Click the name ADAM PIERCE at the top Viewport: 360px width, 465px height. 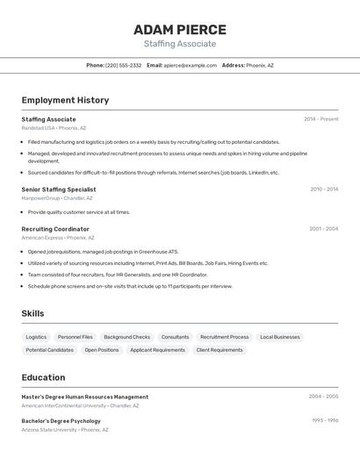(x=179, y=29)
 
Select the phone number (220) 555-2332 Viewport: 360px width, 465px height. (x=123, y=66)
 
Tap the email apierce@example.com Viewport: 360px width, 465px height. (x=190, y=66)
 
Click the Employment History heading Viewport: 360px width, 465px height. (x=65, y=100)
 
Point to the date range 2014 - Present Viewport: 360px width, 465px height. (x=320, y=119)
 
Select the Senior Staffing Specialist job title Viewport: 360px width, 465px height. (x=59, y=190)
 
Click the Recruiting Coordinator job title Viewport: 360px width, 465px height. (x=55, y=229)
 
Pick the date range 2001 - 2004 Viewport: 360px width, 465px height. (x=323, y=229)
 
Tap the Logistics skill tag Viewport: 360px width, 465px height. (x=36, y=337)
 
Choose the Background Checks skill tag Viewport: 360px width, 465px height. (x=126, y=337)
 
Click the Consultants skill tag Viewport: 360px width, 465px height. (x=175, y=337)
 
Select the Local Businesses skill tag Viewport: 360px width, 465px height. (x=280, y=337)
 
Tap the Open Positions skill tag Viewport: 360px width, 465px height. (x=102, y=350)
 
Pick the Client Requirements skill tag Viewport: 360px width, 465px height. (x=220, y=350)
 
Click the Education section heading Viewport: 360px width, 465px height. (x=43, y=377)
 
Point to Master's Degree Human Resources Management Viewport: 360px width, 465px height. (x=85, y=397)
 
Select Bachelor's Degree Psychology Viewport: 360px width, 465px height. (x=61, y=421)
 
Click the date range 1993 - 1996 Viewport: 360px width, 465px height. (x=325, y=421)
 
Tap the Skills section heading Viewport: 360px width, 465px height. (x=32, y=313)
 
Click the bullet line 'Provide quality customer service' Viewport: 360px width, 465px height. (x=79, y=212)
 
